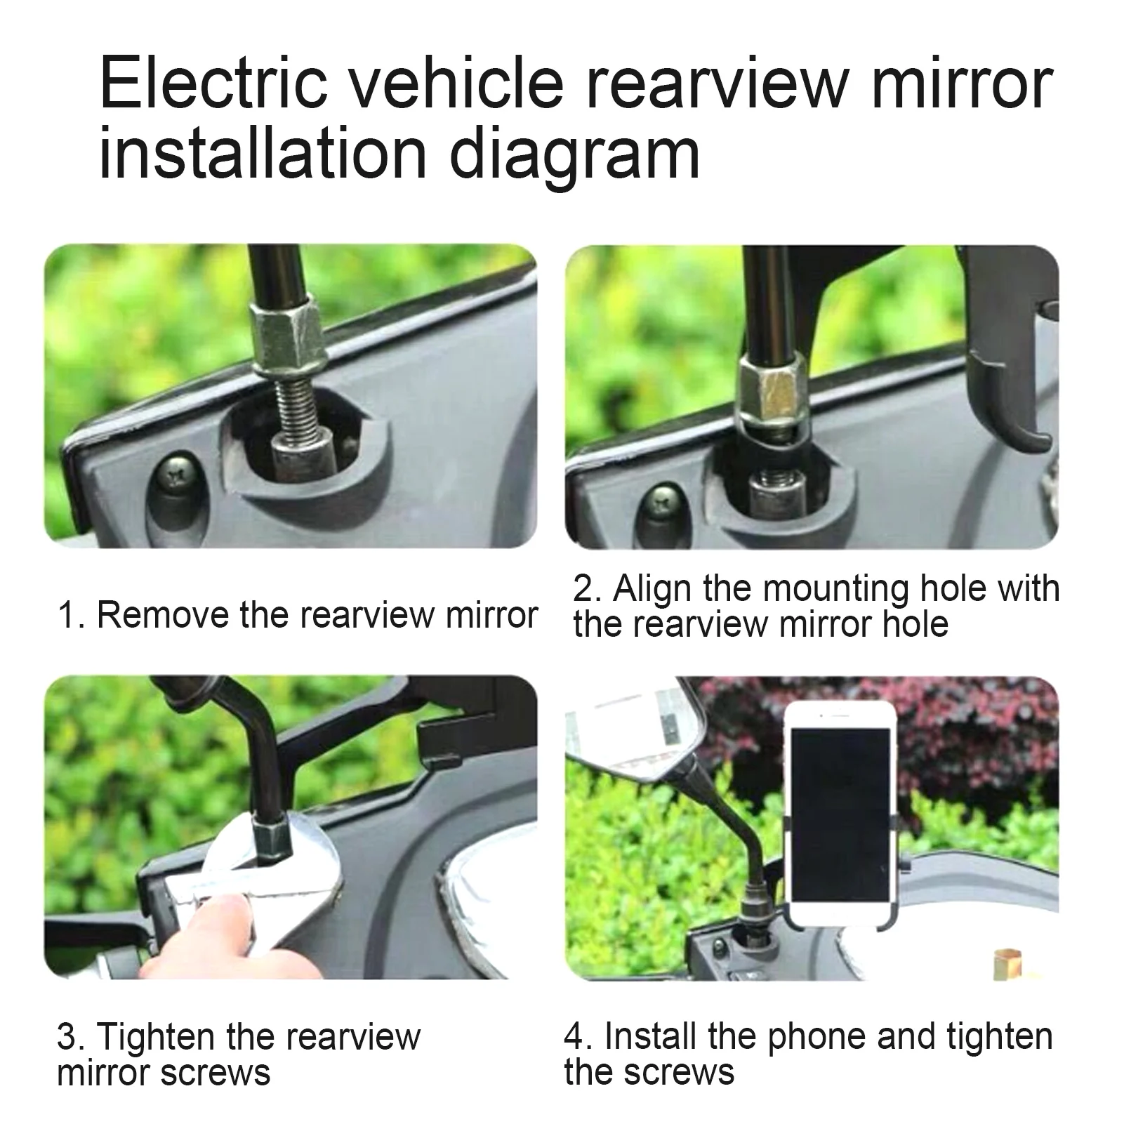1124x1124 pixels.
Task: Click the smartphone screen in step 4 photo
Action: pyautogui.click(x=840, y=814)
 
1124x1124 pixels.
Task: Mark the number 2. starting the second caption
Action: pyautogui.click(x=588, y=588)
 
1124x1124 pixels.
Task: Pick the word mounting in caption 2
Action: pyautogui.click(x=835, y=588)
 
